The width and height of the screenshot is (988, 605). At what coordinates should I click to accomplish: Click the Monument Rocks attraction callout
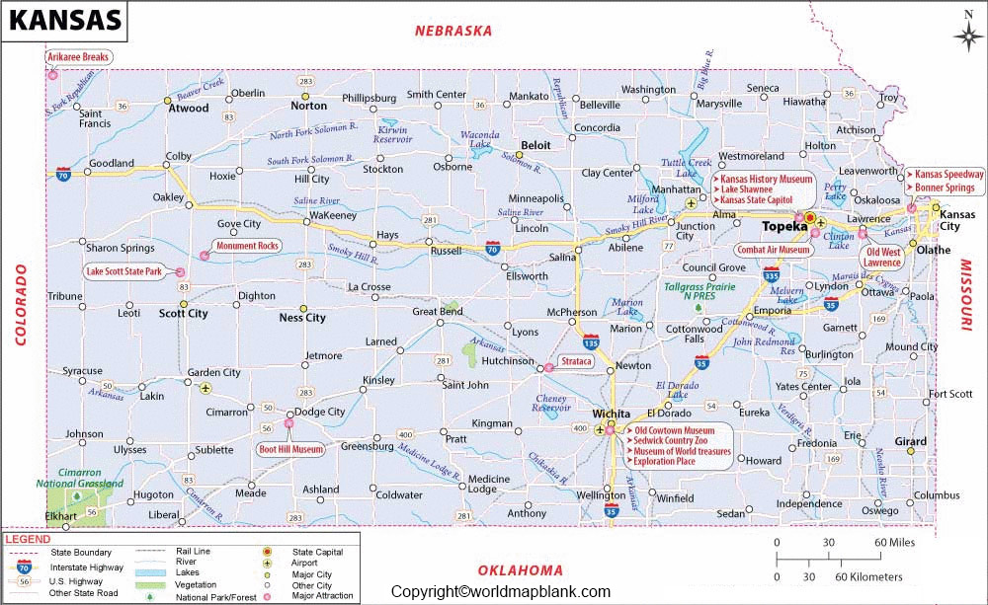(x=249, y=246)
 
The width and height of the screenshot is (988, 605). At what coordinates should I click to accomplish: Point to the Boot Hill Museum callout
(x=290, y=449)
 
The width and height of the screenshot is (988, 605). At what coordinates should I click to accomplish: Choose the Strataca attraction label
(x=577, y=361)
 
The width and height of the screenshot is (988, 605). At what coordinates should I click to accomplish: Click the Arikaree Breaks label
(x=78, y=57)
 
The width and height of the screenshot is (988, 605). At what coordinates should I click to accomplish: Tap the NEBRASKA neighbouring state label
(x=453, y=31)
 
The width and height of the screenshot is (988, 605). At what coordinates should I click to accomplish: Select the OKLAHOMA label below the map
(x=520, y=569)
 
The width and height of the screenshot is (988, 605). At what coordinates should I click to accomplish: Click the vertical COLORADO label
(x=20, y=303)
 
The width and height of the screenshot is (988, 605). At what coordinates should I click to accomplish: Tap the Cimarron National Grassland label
(x=80, y=478)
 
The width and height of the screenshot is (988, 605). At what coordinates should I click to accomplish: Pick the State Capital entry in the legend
(x=315, y=551)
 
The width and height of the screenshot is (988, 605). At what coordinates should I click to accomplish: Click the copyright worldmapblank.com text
(x=501, y=591)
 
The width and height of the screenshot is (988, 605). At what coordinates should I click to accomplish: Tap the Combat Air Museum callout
(x=774, y=251)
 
